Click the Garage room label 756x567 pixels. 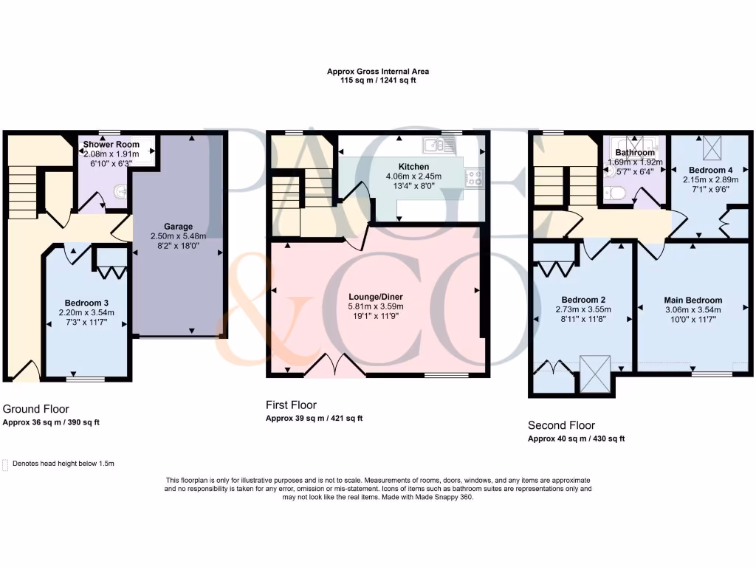pos(178,227)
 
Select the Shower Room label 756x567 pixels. pos(111,144)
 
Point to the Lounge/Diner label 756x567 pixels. pos(377,297)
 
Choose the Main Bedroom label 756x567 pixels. pos(693,300)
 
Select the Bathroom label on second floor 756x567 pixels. pos(635,153)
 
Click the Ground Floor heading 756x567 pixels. pos(36,408)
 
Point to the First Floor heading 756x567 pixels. pos(291,405)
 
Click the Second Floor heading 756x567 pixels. pos(561,425)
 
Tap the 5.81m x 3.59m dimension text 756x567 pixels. pos(377,307)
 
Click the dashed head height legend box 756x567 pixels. pos(6,464)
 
